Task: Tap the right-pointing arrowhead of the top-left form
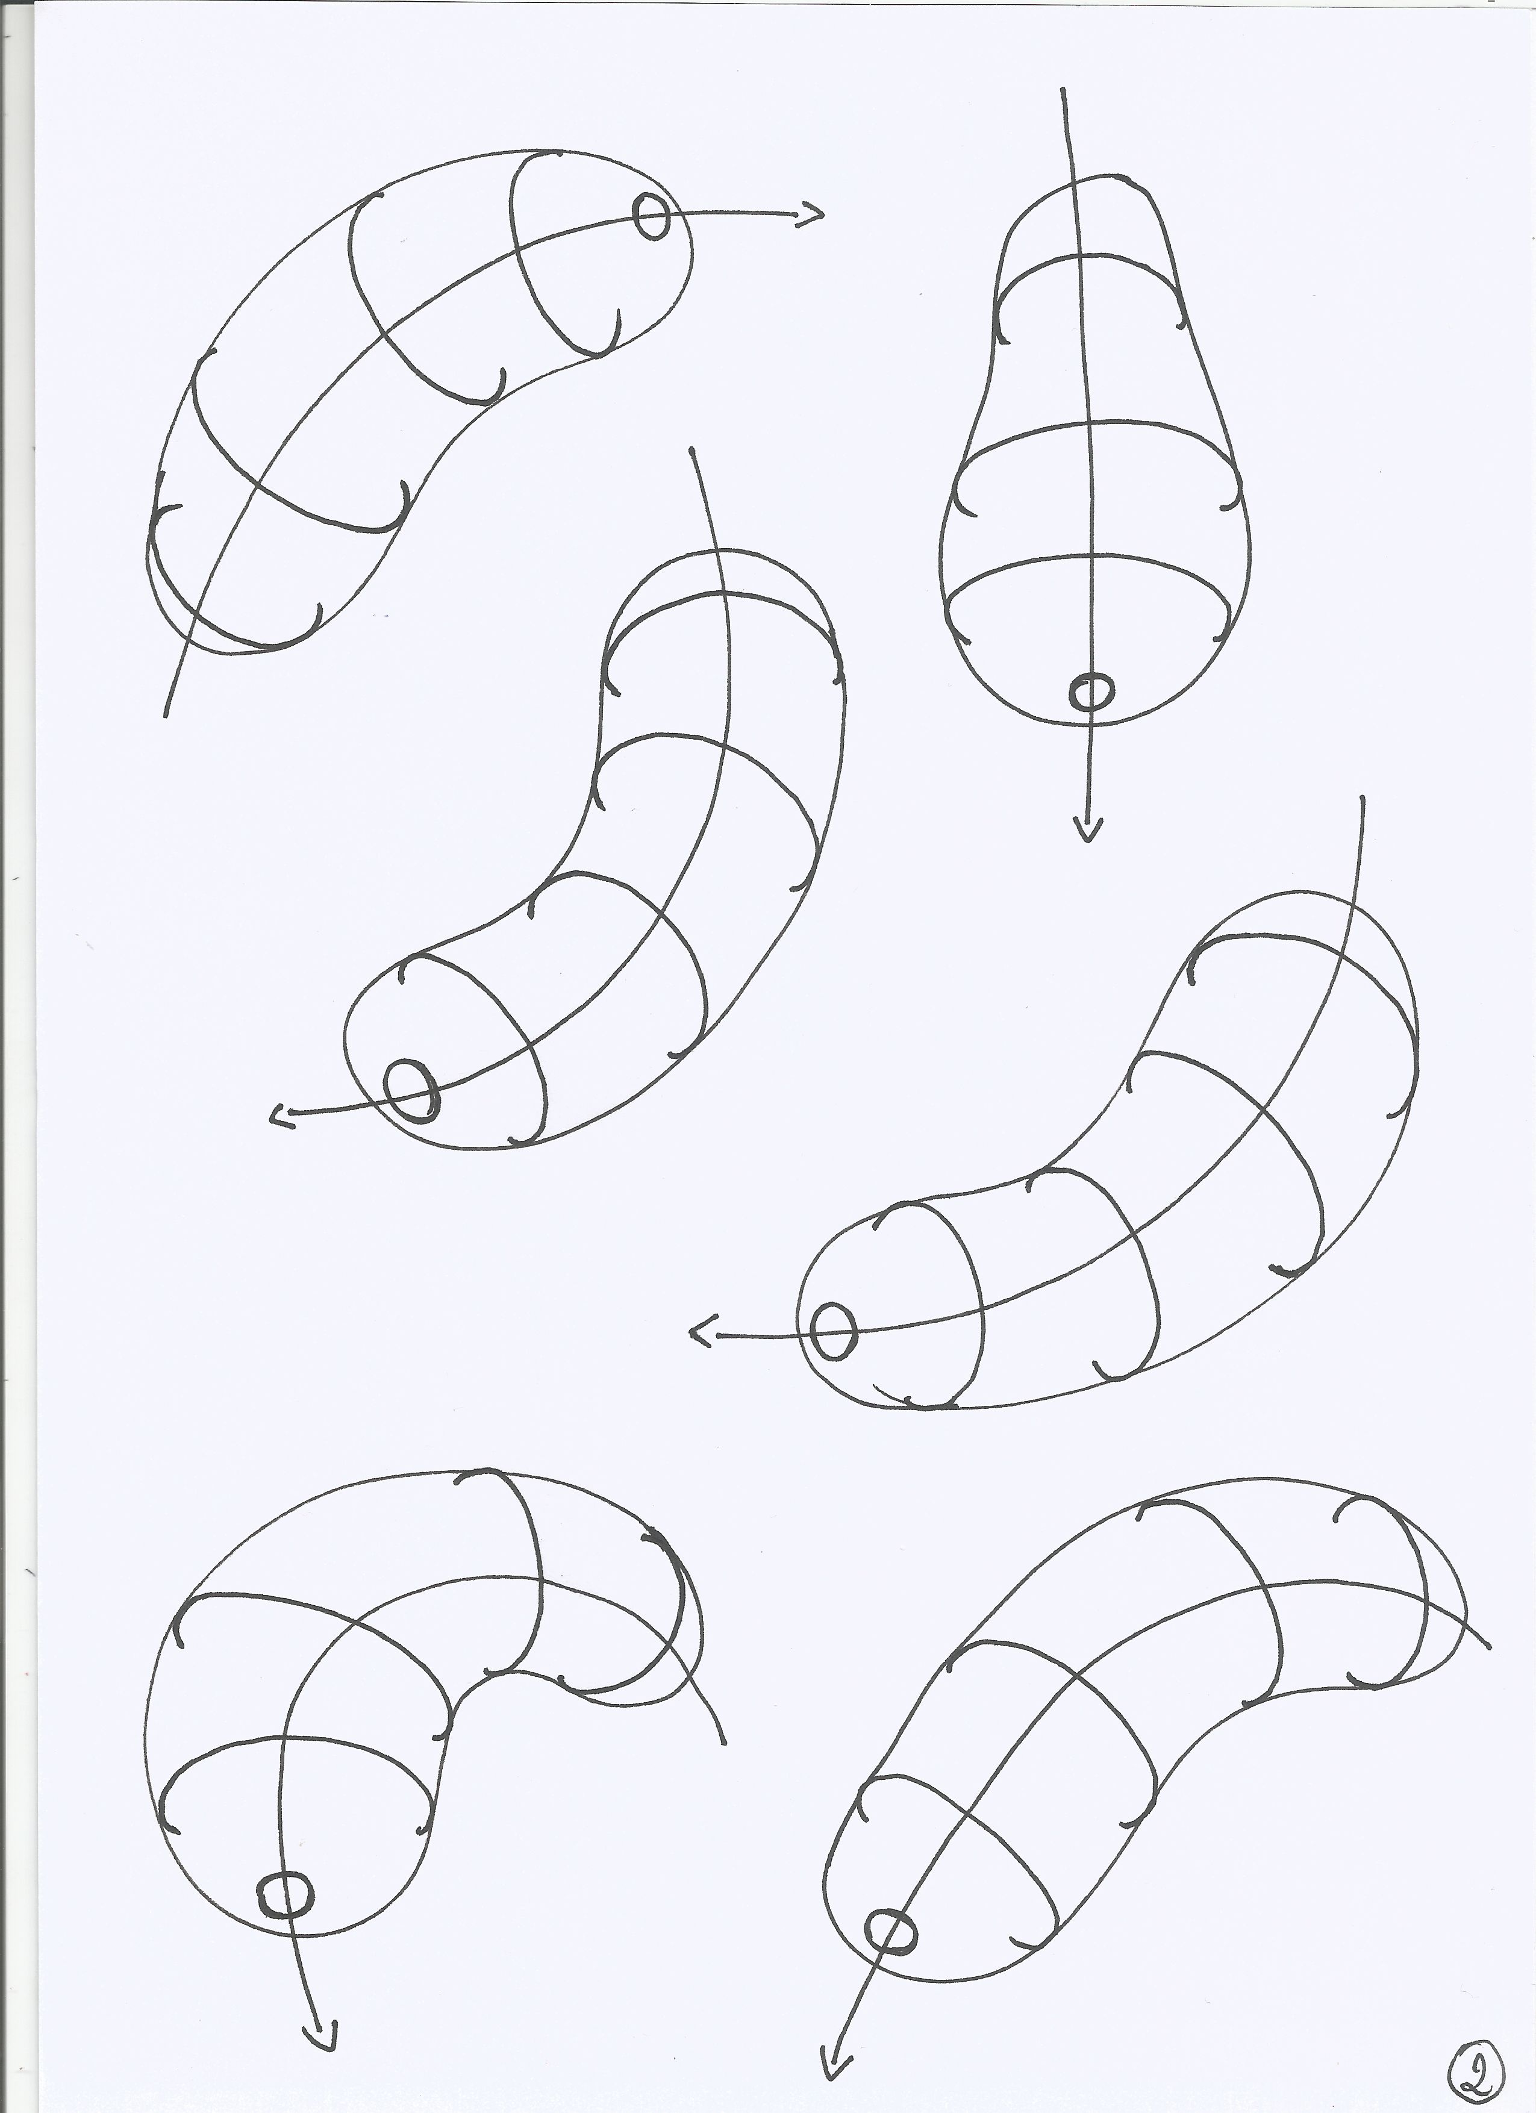pos(811,215)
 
